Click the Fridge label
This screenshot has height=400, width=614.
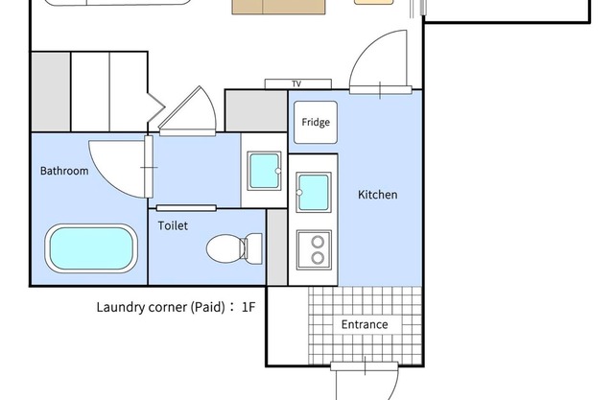[x=316, y=122]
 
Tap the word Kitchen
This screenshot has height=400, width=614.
[x=377, y=195]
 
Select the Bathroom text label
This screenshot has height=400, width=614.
[x=64, y=171]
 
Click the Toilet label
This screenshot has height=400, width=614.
[x=173, y=225]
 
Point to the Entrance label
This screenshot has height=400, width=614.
[x=365, y=324]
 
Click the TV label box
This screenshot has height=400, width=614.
[x=298, y=83]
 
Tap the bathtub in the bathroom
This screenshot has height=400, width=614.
[x=91, y=248]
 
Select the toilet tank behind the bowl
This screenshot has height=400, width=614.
[x=253, y=248]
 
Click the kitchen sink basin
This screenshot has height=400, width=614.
[x=314, y=193]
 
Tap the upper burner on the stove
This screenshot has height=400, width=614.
[x=318, y=243]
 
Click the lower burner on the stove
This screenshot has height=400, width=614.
[x=318, y=258]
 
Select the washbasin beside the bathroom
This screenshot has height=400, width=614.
[x=265, y=171]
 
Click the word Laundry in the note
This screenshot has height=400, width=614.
[x=121, y=307]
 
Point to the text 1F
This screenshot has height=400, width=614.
[x=248, y=307]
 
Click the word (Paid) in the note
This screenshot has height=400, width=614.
[x=207, y=307]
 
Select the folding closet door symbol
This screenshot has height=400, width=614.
[x=155, y=107]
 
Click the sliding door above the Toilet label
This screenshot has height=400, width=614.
[x=186, y=208]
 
